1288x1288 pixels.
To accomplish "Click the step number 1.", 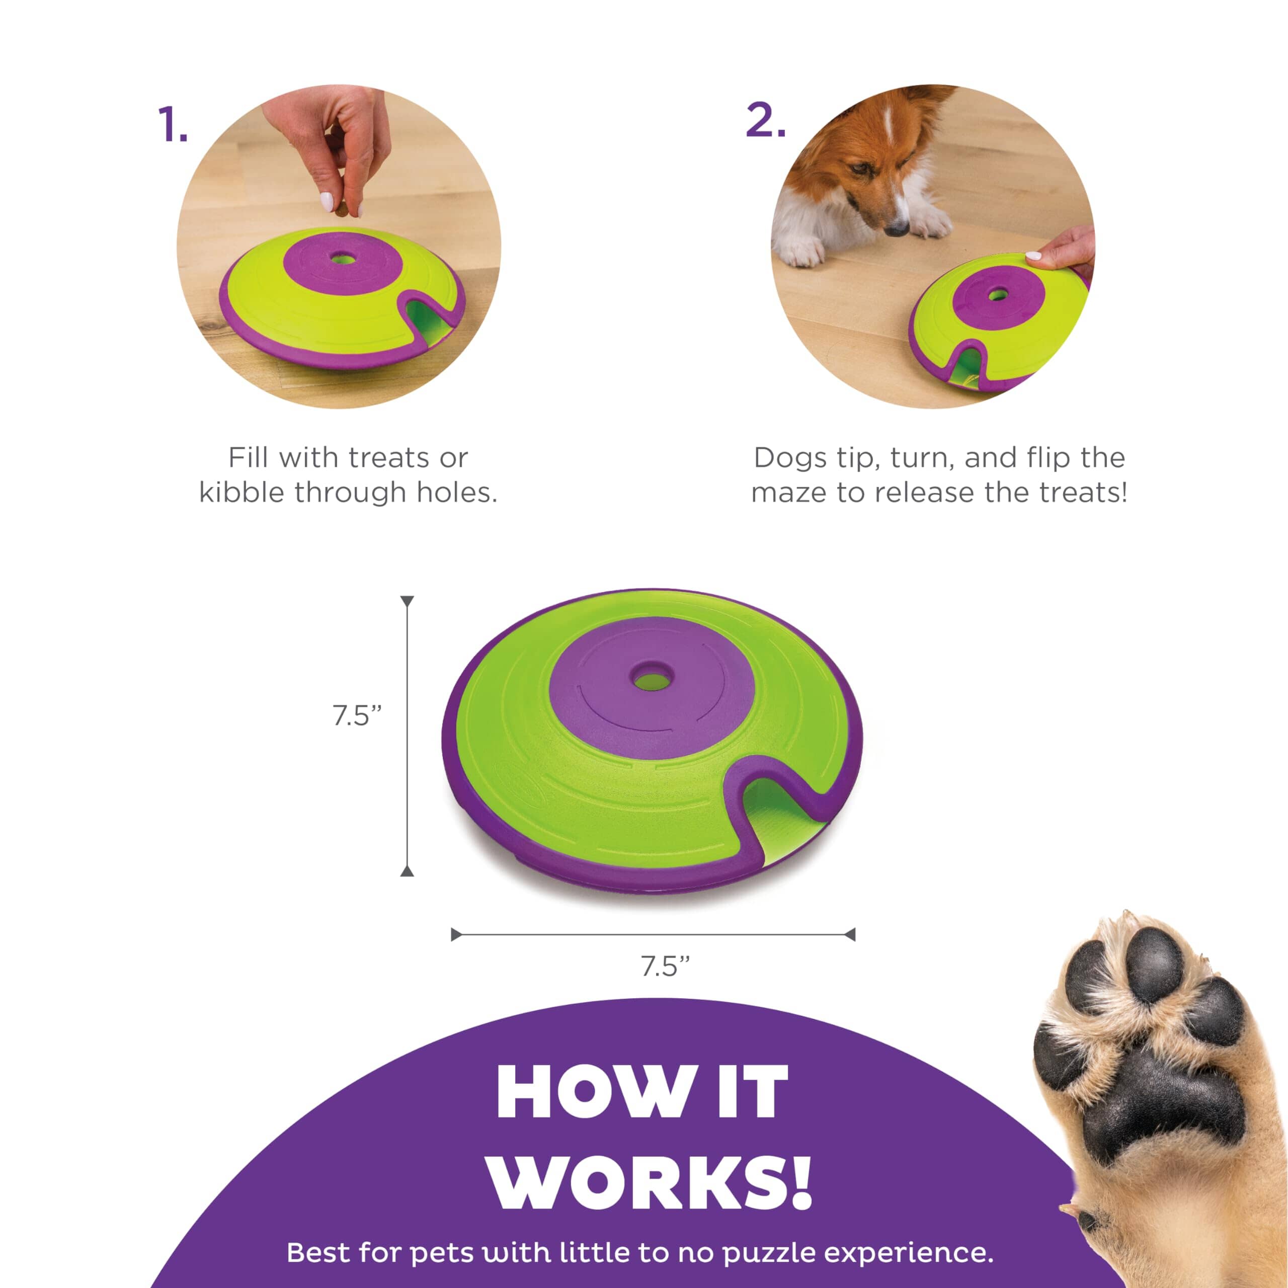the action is pos(173,125).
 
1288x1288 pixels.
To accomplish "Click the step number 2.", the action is pos(765,121).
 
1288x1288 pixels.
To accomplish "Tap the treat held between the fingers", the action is pos(341,211).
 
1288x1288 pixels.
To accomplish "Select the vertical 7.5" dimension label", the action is pos(357,716).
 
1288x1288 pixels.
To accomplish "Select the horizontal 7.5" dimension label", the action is pos(665,966).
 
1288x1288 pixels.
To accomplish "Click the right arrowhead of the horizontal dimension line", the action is pos(849,935).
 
